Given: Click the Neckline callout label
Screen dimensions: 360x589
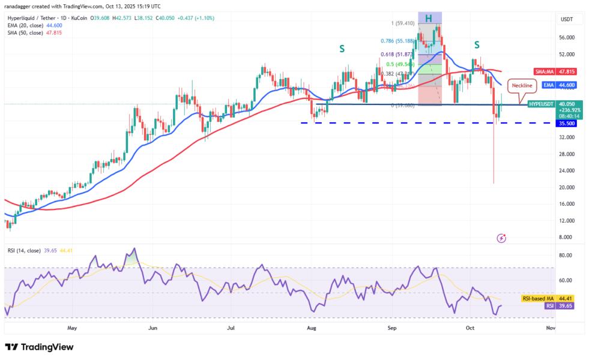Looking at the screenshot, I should [521, 86].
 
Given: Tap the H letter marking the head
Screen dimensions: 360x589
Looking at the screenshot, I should [429, 19].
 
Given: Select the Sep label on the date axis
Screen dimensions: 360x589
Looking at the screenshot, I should [392, 328].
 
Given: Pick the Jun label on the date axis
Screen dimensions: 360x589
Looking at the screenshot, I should [153, 328].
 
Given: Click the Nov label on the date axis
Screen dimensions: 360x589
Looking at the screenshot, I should [550, 328].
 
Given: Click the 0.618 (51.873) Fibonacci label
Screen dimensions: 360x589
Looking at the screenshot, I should [397, 55].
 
